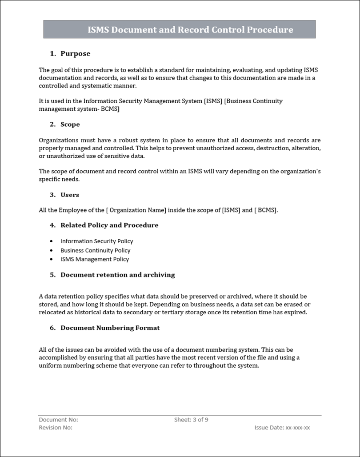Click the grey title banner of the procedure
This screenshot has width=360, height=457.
click(180, 30)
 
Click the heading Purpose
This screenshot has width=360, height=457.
click(75, 54)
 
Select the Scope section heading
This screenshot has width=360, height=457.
click(70, 124)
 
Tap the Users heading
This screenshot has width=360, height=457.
click(70, 195)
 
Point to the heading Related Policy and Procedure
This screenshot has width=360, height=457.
click(109, 225)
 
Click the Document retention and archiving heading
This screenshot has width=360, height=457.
click(118, 275)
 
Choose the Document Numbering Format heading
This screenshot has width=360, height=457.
click(110, 328)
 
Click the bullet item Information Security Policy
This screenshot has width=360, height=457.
click(97, 241)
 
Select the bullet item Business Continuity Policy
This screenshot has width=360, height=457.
click(96, 250)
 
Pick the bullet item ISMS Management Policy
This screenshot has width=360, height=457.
click(95, 259)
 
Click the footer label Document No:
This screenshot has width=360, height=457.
click(59, 420)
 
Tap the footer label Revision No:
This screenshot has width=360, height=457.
click(56, 428)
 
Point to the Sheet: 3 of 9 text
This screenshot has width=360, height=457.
click(191, 420)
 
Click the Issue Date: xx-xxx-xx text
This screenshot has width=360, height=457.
click(282, 428)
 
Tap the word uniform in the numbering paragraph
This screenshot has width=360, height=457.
click(50, 365)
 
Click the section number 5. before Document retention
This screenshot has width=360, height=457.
click(52, 275)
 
